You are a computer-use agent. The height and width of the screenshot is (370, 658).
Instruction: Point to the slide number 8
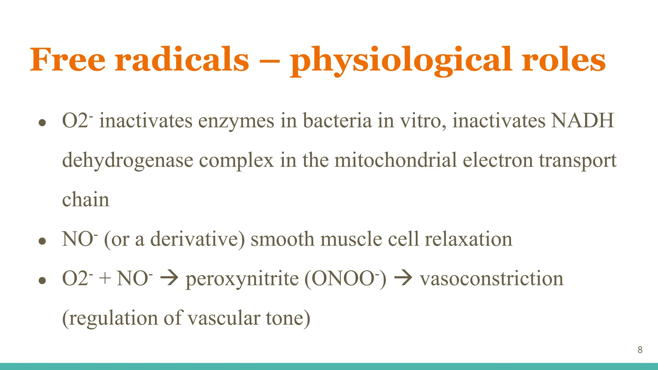(x=640, y=350)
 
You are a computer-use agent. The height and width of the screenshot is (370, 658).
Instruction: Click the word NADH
(x=582, y=121)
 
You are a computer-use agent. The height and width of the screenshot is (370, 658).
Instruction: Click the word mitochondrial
(x=396, y=160)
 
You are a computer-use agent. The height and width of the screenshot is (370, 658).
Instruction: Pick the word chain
(x=85, y=199)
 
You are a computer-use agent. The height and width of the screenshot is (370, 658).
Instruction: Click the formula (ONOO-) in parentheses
(x=345, y=278)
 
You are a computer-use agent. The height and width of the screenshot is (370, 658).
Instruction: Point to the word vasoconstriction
(x=492, y=278)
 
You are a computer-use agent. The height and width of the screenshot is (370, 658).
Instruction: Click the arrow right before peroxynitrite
(x=169, y=278)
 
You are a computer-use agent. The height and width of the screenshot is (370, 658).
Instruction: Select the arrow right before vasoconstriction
(x=403, y=278)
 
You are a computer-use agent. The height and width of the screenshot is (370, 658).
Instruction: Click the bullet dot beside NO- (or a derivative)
(x=42, y=241)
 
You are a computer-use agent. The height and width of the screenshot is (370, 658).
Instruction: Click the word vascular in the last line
(x=224, y=318)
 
